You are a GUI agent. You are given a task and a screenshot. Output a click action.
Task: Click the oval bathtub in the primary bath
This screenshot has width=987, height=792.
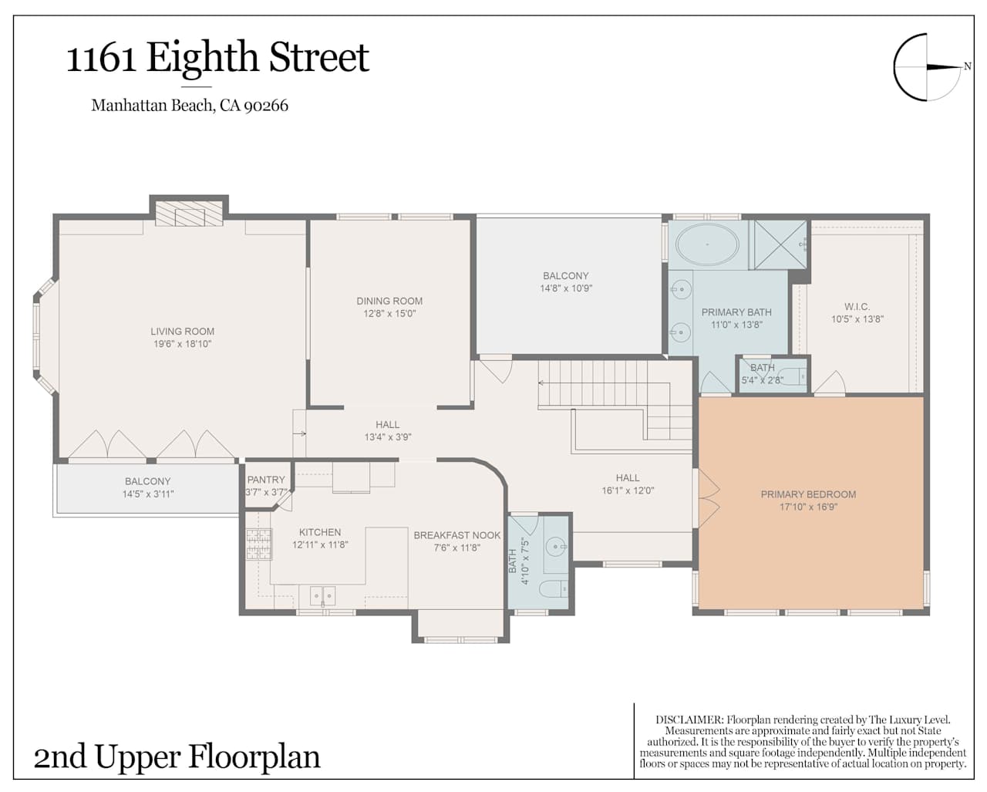708,244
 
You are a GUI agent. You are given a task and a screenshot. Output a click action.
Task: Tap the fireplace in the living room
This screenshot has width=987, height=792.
189,213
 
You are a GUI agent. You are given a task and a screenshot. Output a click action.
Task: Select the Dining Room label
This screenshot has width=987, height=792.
389,301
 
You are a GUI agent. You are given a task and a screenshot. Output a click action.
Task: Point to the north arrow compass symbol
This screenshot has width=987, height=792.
931,67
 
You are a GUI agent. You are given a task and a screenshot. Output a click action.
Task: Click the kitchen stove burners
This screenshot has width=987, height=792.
259,544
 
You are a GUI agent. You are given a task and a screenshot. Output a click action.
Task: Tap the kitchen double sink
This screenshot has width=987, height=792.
323,596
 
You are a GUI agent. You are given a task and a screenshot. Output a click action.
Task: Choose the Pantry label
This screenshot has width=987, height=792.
266,480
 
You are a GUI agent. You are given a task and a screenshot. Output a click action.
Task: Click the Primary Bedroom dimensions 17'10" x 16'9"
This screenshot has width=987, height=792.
808,507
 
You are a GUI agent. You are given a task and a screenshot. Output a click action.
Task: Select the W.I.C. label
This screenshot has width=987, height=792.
857,306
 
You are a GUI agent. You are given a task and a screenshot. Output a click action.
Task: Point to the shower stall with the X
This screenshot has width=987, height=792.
780,244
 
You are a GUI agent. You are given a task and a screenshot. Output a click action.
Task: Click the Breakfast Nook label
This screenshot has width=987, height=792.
456,535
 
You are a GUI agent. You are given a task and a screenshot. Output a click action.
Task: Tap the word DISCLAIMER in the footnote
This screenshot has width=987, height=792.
689,720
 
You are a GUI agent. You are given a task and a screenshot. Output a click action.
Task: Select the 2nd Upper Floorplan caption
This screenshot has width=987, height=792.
177,757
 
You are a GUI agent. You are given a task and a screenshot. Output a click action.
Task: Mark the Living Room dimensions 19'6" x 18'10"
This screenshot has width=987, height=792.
183,344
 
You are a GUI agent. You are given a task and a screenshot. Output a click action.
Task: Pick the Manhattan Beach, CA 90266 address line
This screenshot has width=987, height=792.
190,106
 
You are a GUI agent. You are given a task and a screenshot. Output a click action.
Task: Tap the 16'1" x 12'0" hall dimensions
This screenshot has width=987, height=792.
628,490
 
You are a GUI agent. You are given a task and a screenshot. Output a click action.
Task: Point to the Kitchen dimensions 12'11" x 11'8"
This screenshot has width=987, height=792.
320,544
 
